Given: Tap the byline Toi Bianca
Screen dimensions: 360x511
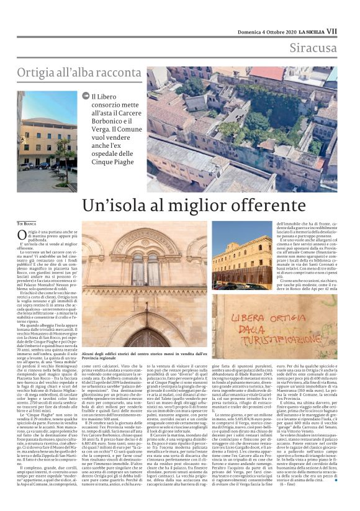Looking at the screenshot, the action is coord(26,222).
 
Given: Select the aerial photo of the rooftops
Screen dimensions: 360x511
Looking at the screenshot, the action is coord(242,129).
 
